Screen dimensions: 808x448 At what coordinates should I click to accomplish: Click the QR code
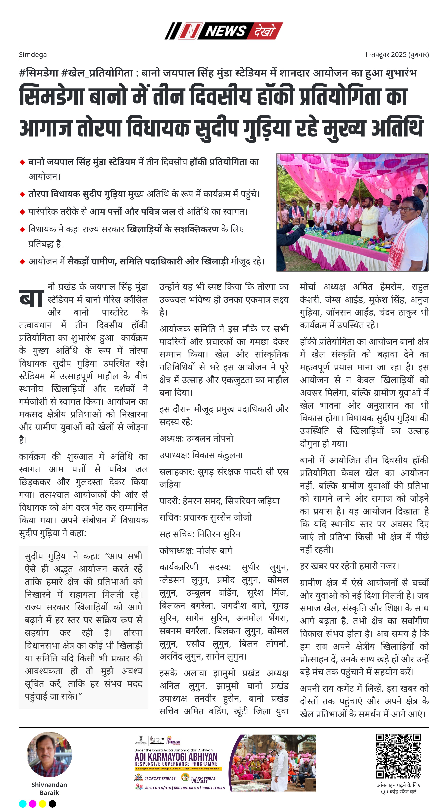coord(398,756)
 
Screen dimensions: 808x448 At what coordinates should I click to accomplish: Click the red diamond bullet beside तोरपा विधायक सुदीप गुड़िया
coord(22,194)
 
